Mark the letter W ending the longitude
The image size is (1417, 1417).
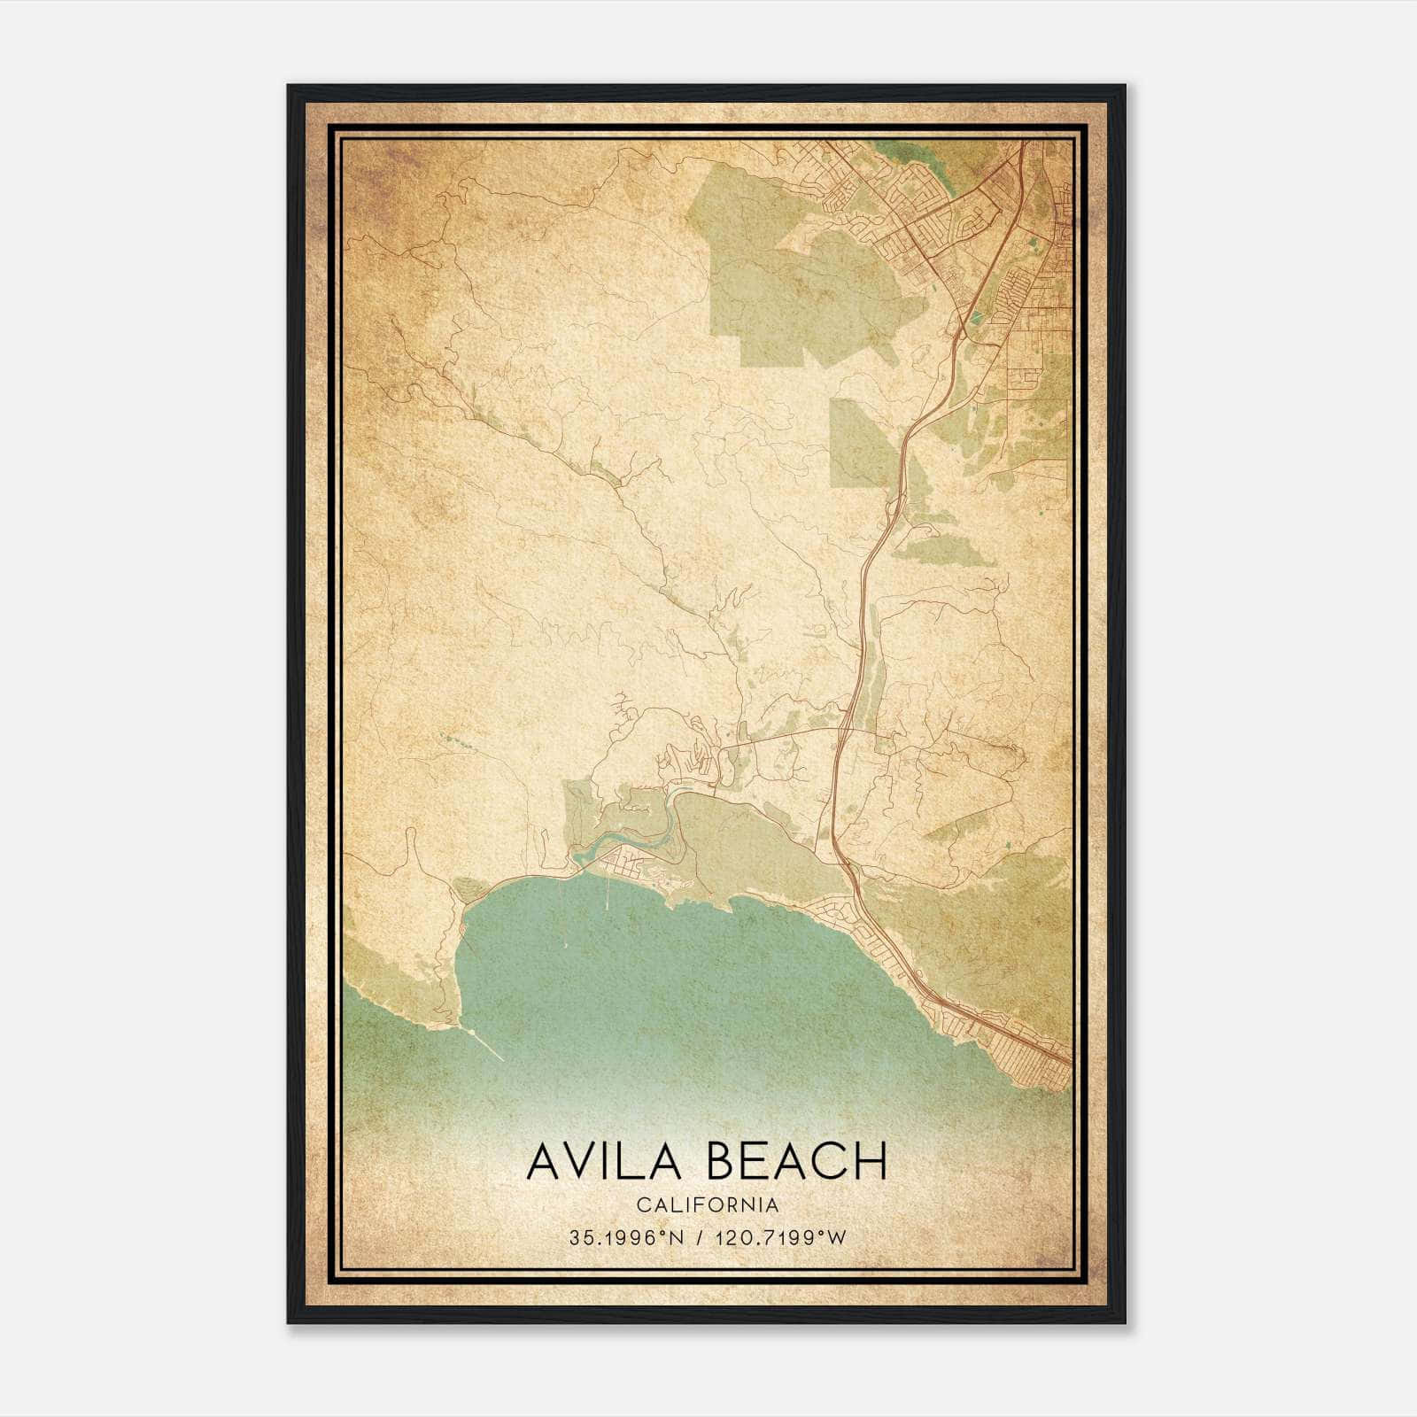pos(837,1238)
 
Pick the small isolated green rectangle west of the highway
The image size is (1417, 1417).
pos(856,443)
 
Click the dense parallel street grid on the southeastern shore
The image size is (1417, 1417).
pos(1027,1054)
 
